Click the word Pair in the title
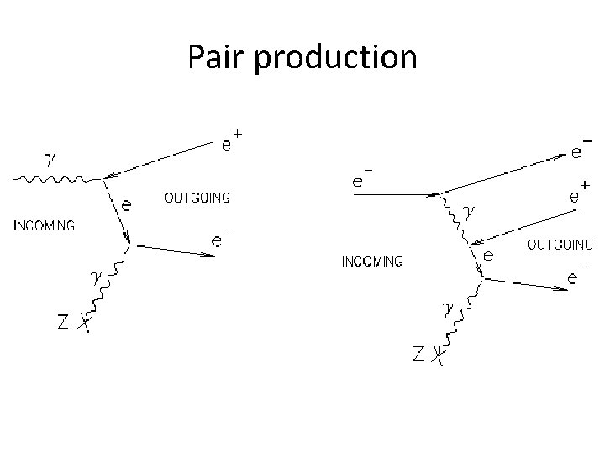point(213,57)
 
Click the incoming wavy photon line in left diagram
point(55,178)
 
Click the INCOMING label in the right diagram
point(371,261)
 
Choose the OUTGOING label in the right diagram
point(559,245)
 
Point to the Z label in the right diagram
point(418,356)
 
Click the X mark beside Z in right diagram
point(436,357)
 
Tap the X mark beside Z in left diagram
point(82,320)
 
